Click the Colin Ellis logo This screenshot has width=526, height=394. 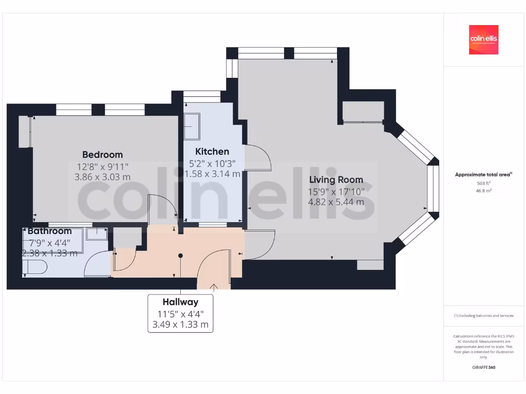point(483,40)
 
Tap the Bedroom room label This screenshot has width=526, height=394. point(103,154)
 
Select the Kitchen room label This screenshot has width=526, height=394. point(212,151)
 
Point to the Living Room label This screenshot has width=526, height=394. point(336,180)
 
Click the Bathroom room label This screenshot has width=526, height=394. point(49,231)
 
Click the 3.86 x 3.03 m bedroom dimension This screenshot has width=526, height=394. point(103,176)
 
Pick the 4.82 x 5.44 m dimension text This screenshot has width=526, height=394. point(336,202)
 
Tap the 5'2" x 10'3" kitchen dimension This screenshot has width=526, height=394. point(212,163)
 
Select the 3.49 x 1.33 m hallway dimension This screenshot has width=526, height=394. point(180,324)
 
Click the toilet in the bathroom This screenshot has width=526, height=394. point(35,267)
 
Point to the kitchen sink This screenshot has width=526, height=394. point(192,126)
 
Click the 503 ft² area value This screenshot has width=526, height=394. point(483,183)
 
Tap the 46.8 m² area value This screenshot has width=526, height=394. point(483,190)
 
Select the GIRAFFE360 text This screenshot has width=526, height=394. point(483,367)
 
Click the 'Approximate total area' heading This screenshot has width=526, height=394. point(483,174)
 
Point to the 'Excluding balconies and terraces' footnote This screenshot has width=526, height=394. point(483,316)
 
